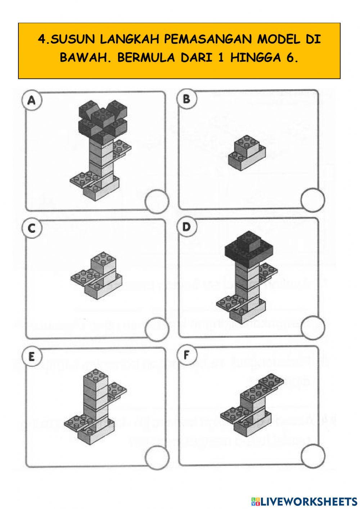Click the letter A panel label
32,101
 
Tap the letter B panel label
186,99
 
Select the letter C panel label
32,228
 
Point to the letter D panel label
186,227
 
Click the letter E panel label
32,356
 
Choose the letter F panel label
186,355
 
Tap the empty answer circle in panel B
312,200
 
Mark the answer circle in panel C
157,329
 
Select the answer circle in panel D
312,327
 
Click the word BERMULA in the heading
144,58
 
